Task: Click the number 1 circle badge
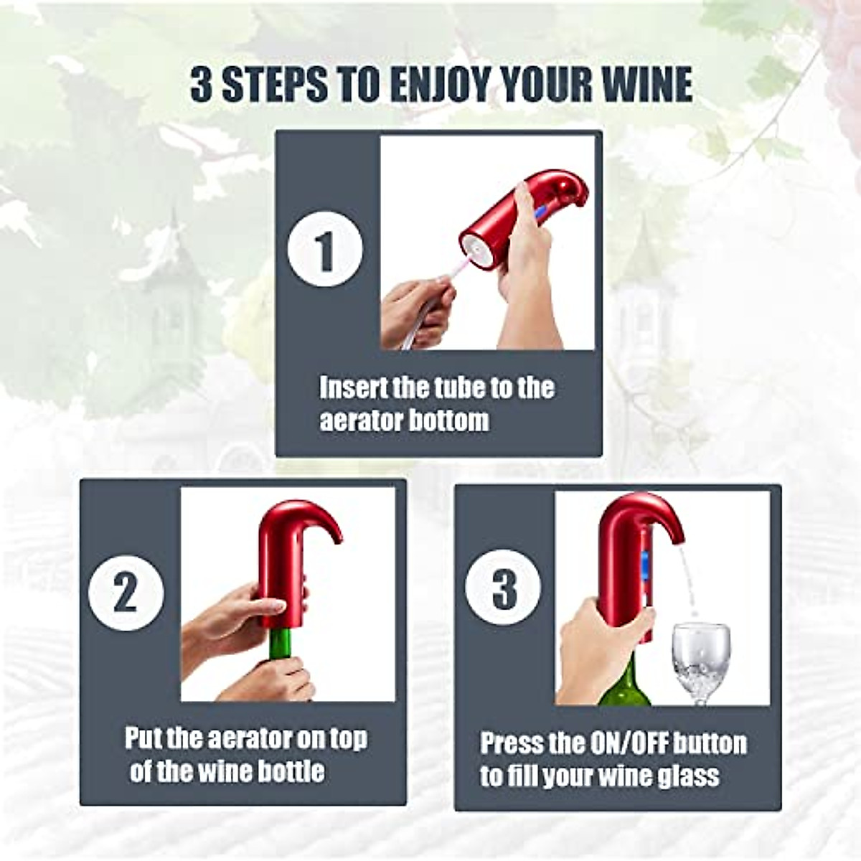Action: click(325, 250)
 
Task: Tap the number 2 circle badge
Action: click(126, 593)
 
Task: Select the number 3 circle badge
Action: click(503, 587)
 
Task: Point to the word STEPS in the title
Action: click(277, 85)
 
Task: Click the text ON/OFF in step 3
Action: click(640, 743)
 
